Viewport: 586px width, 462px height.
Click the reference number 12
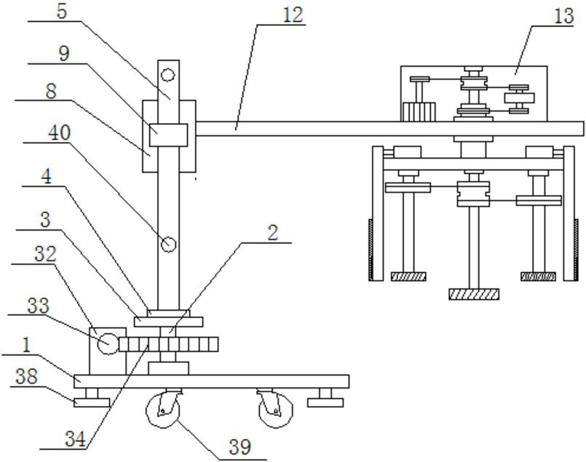[x=293, y=15]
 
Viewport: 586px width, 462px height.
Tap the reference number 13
[x=563, y=17]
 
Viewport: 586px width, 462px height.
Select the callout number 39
[x=240, y=447]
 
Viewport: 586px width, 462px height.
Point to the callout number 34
[x=76, y=439]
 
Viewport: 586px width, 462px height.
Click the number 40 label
[x=60, y=133]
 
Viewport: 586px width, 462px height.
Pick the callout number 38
[x=26, y=376]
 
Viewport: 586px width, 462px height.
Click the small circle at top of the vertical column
[x=168, y=75]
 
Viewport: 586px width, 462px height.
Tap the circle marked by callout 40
[x=168, y=244]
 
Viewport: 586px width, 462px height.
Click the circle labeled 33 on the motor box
[x=108, y=343]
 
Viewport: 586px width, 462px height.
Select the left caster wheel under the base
[x=162, y=410]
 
